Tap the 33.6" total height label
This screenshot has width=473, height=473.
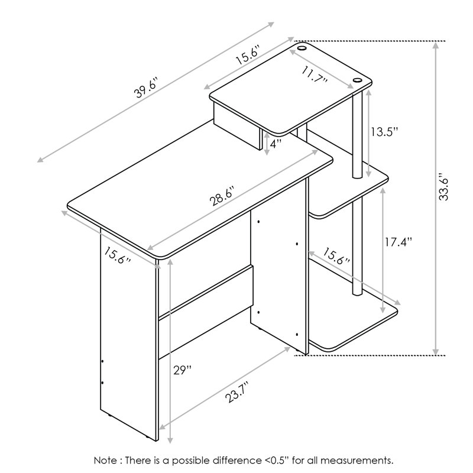tap(444, 187)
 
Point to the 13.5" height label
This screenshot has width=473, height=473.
tap(385, 132)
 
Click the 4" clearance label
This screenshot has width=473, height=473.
tap(276, 144)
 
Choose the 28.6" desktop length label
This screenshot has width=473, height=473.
tap(222, 196)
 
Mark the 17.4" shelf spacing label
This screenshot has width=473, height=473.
tap(398, 242)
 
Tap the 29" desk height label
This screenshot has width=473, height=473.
tap(183, 370)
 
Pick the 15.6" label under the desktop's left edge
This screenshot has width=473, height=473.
tap(118, 255)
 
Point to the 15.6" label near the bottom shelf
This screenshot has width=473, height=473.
tap(336, 257)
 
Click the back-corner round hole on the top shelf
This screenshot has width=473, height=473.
tap(302, 48)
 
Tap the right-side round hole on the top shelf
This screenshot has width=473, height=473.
tap(357, 80)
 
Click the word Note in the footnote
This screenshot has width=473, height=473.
tap(105, 461)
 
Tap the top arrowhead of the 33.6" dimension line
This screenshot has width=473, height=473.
tap(436, 46)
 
